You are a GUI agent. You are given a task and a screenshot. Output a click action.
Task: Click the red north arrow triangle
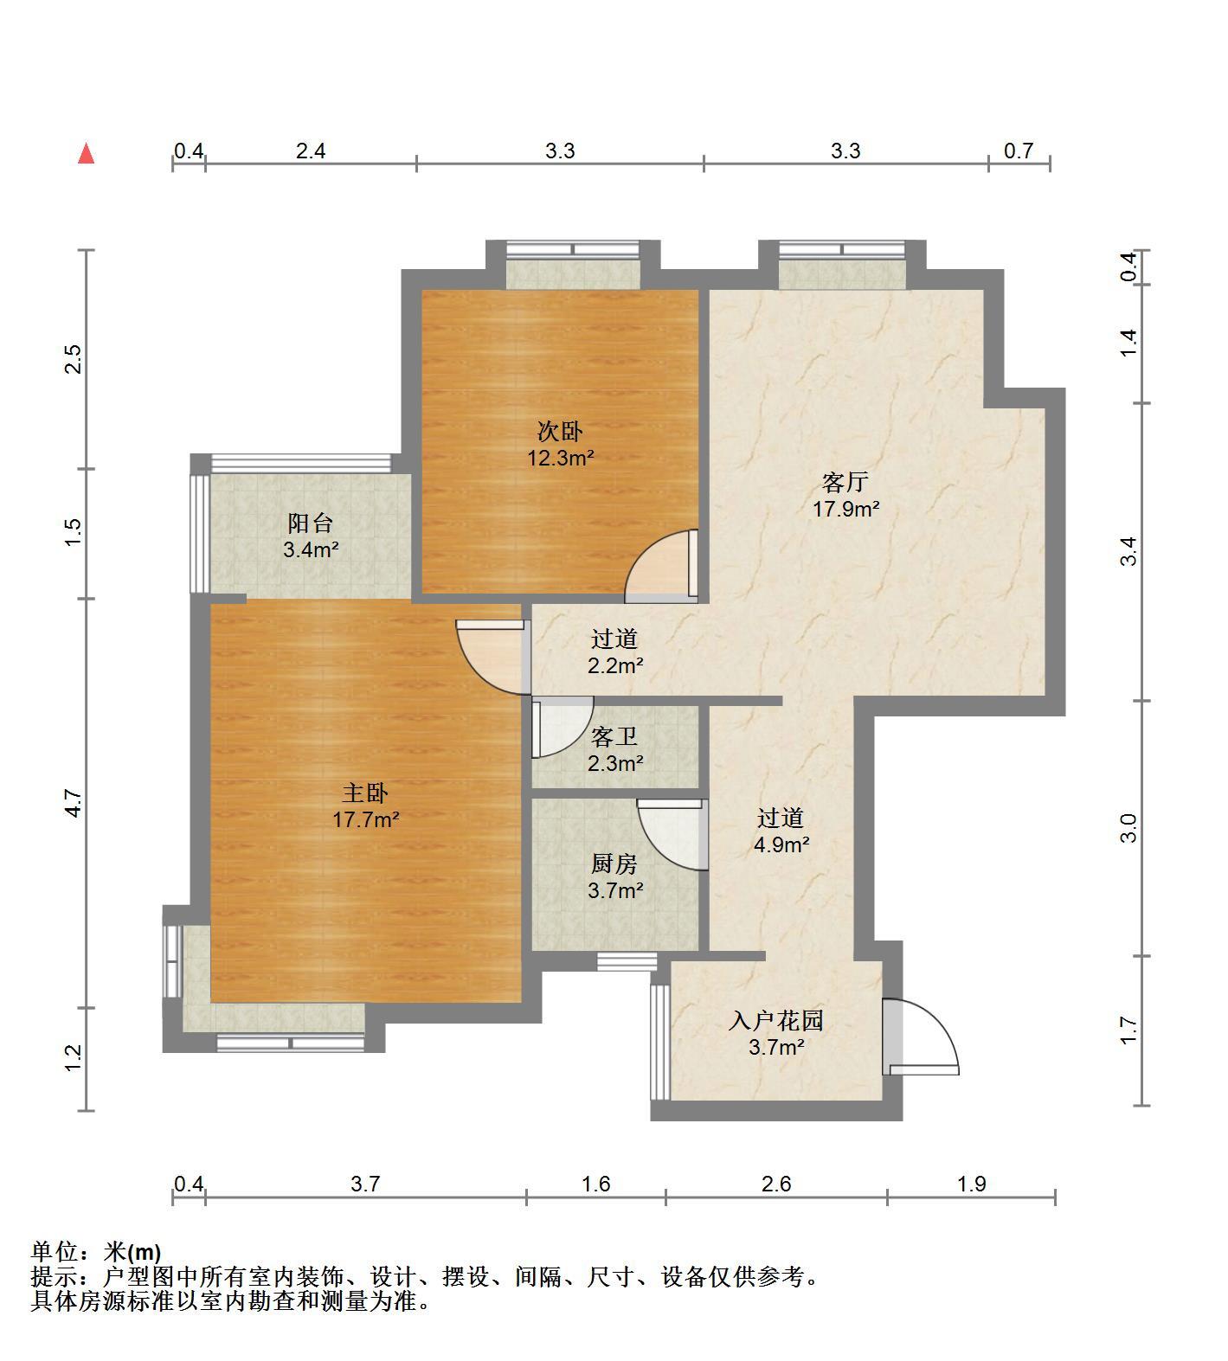86,154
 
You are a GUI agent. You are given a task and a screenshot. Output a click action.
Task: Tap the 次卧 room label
560,431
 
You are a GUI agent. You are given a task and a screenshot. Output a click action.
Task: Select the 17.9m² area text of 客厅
845,509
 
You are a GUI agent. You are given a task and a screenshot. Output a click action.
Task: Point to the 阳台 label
310,523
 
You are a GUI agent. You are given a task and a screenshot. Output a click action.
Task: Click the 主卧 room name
365,793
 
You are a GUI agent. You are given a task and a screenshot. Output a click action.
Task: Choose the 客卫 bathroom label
614,737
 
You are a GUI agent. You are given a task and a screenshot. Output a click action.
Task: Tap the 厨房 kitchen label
614,863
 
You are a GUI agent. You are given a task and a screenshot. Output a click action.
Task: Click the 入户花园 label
775,1021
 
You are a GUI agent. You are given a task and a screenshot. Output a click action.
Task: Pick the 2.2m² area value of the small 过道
614,665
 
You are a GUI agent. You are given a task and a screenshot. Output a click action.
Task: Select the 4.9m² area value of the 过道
781,844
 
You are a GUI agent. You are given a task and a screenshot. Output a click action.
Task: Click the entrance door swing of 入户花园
923,1037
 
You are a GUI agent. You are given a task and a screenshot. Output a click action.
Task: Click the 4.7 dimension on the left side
74,804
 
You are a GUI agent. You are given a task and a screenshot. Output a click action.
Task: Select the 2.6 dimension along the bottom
776,1183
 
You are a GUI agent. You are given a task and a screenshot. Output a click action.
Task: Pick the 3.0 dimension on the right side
1128,828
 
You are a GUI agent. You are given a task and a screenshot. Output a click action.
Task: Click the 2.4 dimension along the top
311,151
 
